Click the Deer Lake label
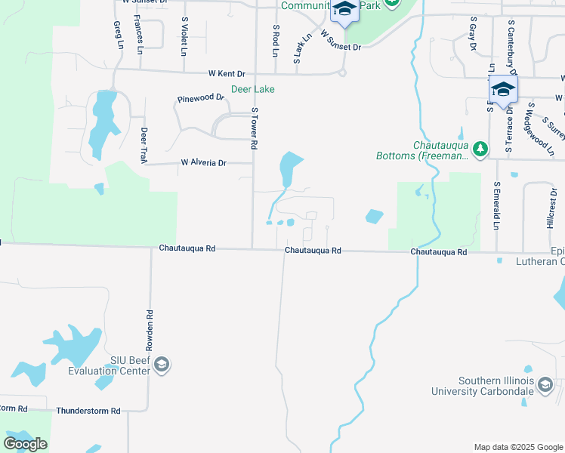click(252, 89)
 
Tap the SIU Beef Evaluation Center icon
click(161, 365)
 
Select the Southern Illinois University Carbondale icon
click(545, 387)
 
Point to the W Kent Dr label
click(227, 74)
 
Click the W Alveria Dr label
click(203, 162)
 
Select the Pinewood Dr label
click(201, 98)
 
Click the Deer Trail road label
click(143, 145)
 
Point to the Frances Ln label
click(139, 35)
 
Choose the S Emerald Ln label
click(496, 205)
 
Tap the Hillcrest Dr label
click(549, 209)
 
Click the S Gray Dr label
click(473, 34)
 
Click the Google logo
click(25, 444)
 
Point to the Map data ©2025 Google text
click(517, 447)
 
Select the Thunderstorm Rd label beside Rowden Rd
click(88, 411)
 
